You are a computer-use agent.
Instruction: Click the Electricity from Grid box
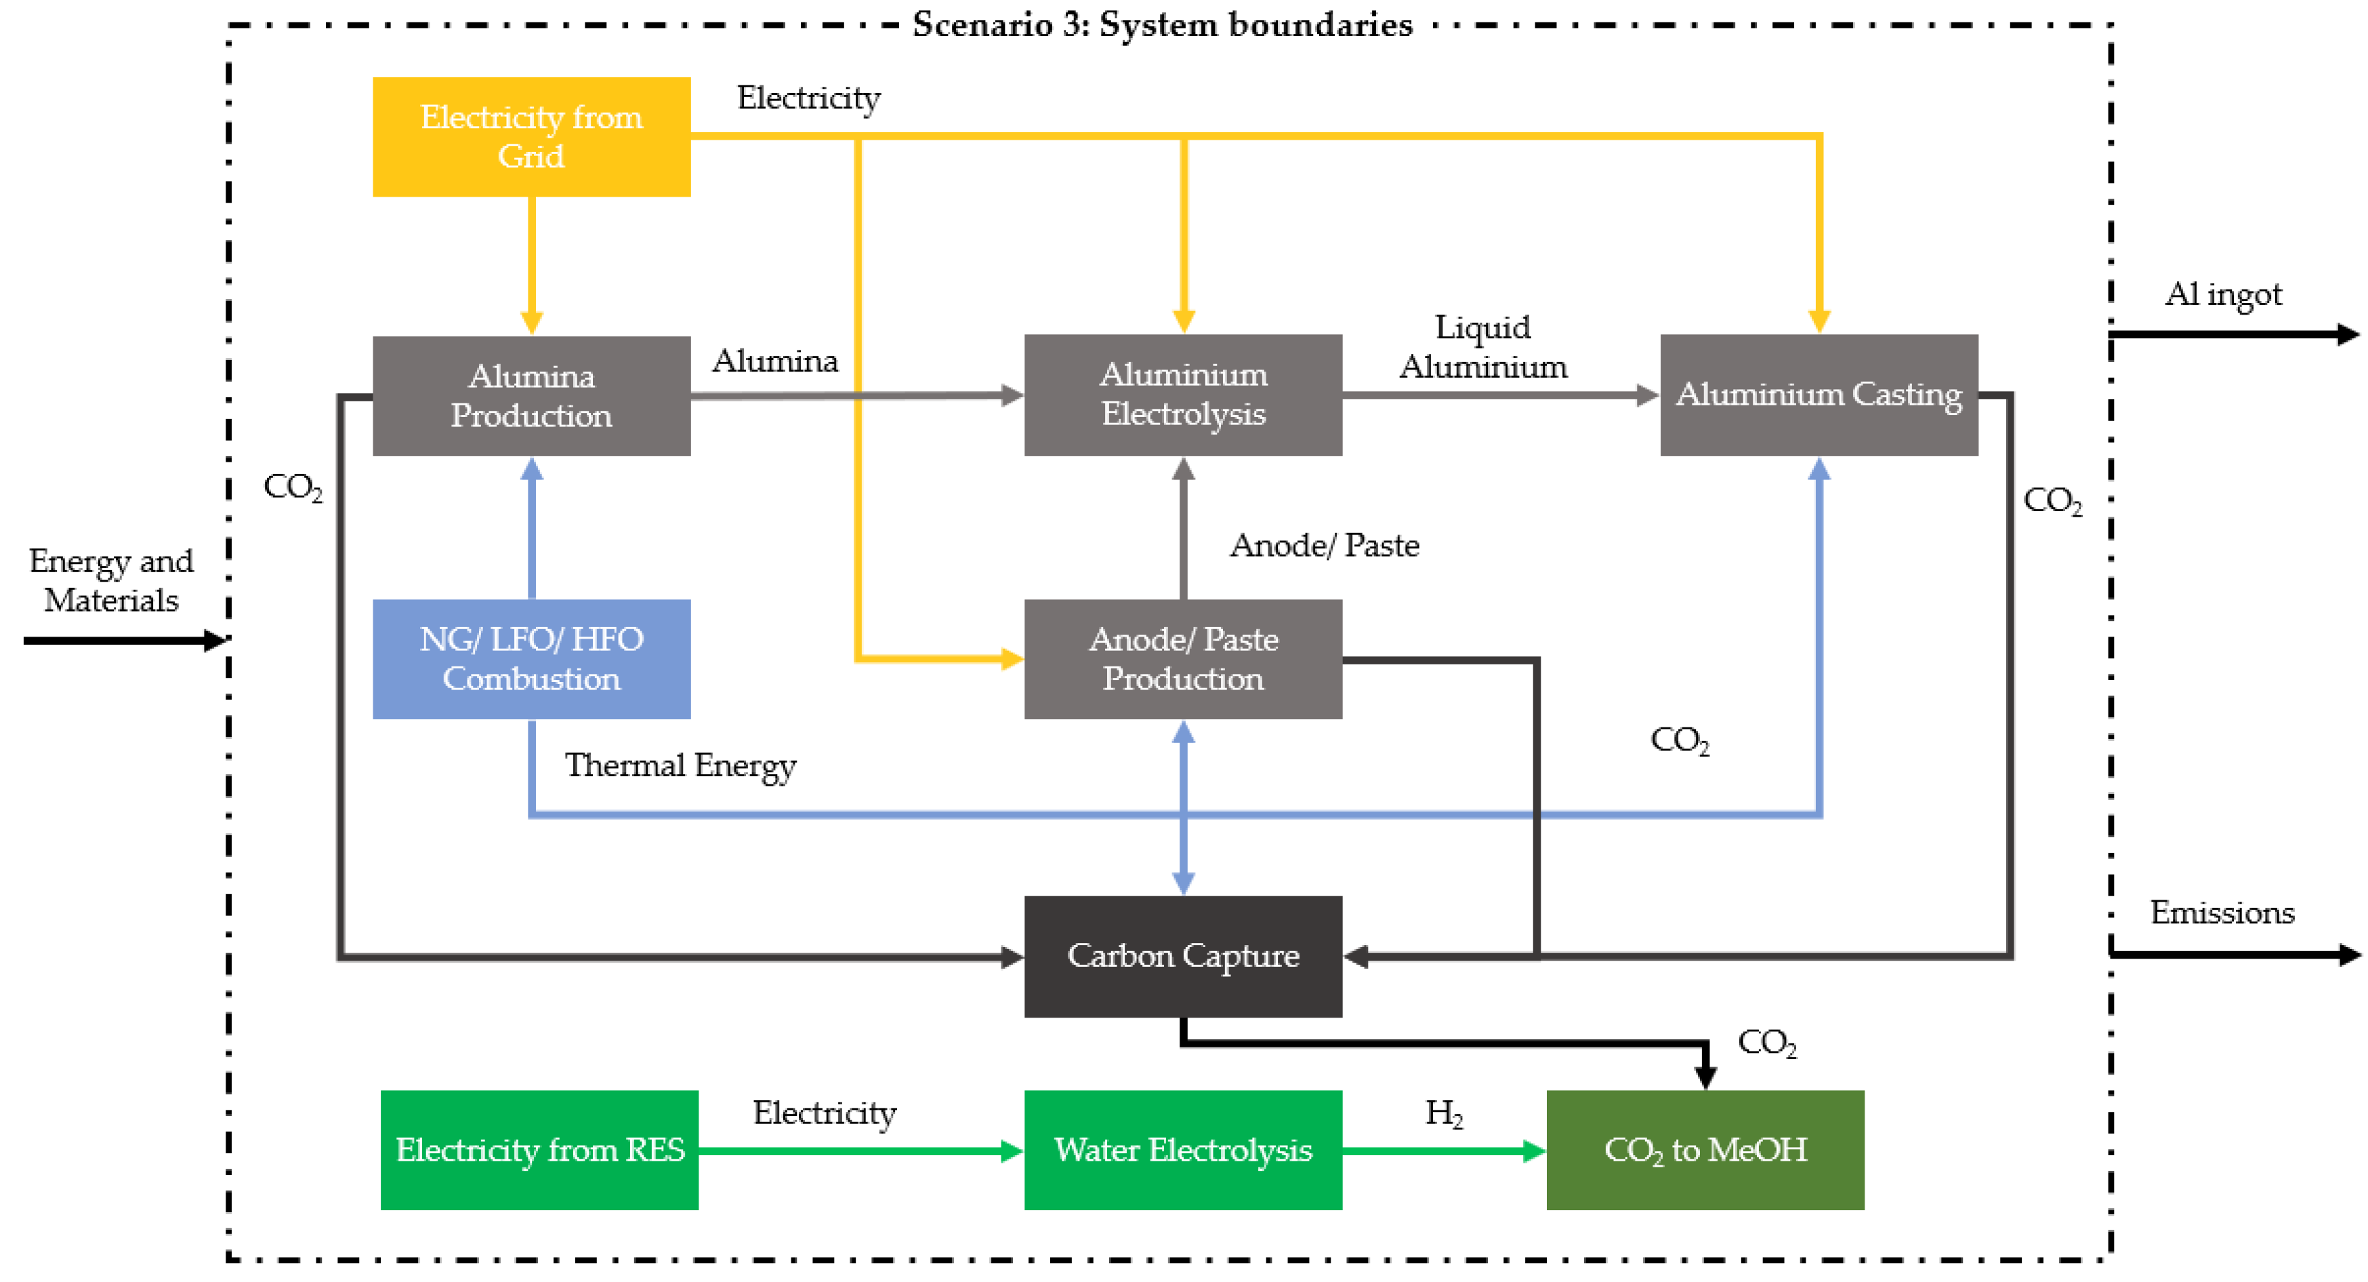pyautogui.click(x=531, y=136)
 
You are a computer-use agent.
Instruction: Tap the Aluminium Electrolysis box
pyautogui.click(x=1183, y=395)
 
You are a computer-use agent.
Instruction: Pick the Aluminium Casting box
pyautogui.click(x=1819, y=395)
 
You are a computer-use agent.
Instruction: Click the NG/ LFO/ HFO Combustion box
pyautogui.click(x=531, y=658)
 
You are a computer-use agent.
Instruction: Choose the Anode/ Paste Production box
pyautogui.click(x=1183, y=658)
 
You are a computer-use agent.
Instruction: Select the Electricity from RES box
pyautogui.click(x=539, y=1150)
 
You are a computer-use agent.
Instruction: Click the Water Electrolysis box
pyautogui.click(x=1183, y=1150)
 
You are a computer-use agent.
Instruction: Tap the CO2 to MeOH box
pyautogui.click(x=1705, y=1150)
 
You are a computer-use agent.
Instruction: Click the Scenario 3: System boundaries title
pyautogui.click(x=1162, y=25)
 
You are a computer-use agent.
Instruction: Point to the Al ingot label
pyautogui.click(x=2223, y=294)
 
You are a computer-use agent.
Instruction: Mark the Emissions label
pyautogui.click(x=2222, y=913)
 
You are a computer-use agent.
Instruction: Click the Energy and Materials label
pyautogui.click(x=111, y=580)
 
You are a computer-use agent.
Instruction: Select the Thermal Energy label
pyautogui.click(x=680, y=765)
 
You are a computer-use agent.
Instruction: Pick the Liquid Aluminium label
pyautogui.click(x=1482, y=346)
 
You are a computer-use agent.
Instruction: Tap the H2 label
pyautogui.click(x=1443, y=1114)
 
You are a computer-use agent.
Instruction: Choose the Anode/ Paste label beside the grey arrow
pyautogui.click(x=1325, y=545)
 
